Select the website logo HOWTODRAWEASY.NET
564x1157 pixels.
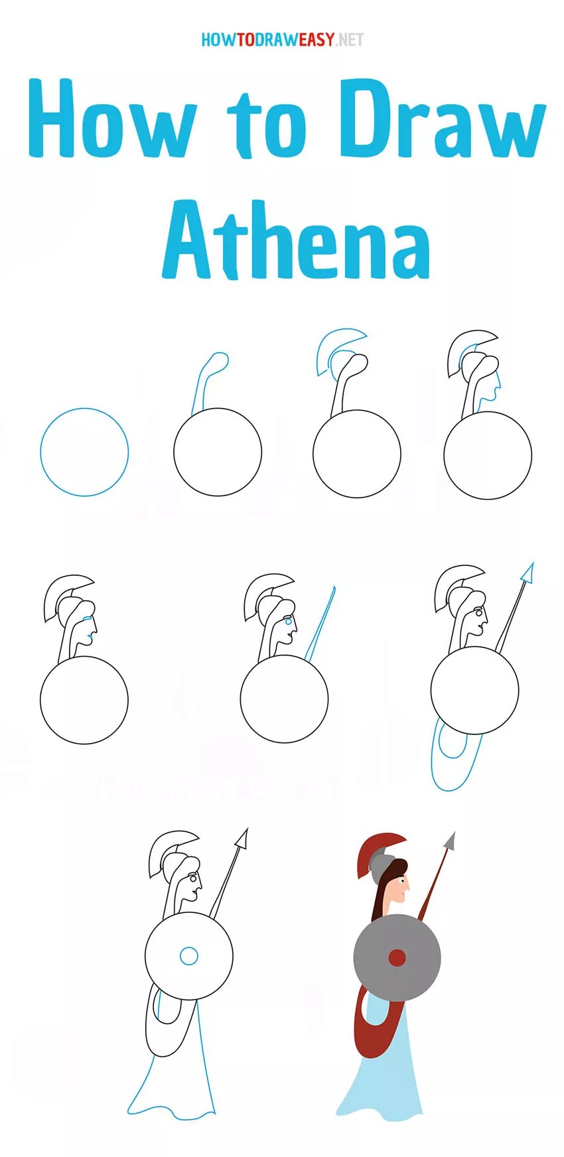282,40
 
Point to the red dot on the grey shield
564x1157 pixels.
397,957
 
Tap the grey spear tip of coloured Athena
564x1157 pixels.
451,841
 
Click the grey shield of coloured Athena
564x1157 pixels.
397,957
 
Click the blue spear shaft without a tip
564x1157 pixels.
321,624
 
